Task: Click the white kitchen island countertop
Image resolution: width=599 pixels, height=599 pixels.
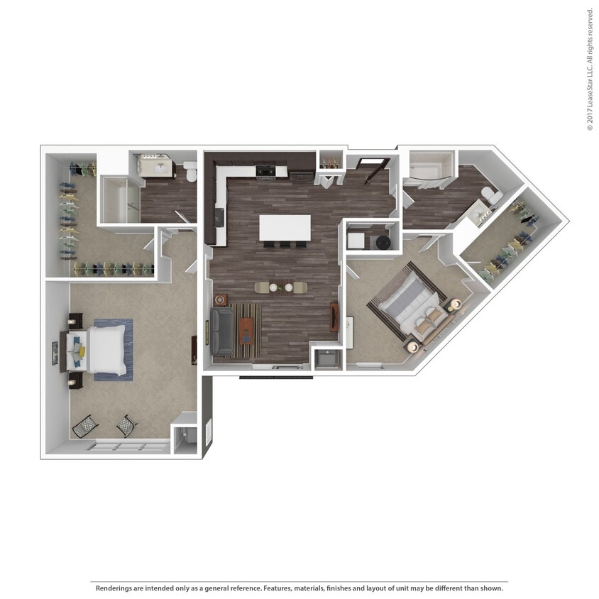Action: point(285,228)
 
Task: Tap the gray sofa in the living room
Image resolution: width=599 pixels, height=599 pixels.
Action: point(221,331)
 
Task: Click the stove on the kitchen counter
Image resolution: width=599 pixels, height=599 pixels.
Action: point(266,170)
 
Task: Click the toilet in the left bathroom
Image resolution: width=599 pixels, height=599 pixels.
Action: point(189,170)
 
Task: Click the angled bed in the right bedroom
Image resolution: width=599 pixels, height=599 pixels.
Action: point(410,305)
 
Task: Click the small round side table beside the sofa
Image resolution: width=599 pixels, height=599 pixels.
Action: point(221,300)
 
